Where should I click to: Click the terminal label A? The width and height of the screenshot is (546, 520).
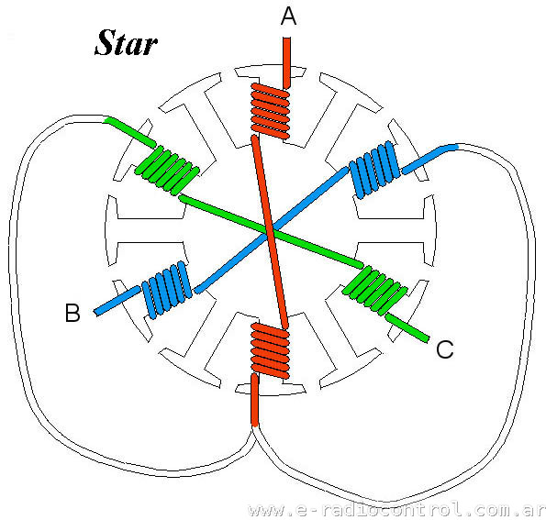click(288, 17)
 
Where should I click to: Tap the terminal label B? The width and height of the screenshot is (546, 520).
click(72, 312)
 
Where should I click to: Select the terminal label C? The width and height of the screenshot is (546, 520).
click(445, 349)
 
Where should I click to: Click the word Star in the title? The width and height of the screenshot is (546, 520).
click(126, 43)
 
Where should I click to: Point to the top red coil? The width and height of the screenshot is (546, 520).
click(270, 111)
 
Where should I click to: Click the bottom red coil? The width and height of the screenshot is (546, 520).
click(270, 350)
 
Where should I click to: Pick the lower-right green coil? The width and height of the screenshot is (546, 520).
click(374, 291)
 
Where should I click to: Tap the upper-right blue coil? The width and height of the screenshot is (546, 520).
click(374, 170)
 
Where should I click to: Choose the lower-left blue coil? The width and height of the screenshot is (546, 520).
click(167, 290)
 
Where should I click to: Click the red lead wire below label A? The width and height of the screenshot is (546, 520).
click(286, 62)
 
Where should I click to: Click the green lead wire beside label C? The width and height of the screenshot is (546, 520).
click(407, 328)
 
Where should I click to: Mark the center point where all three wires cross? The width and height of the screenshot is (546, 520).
click(271, 232)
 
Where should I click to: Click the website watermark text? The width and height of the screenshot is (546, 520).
click(396, 510)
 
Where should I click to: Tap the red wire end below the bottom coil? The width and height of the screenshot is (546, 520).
click(254, 400)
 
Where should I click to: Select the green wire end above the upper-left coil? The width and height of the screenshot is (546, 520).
click(130, 132)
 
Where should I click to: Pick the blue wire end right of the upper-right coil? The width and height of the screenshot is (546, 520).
click(429, 159)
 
